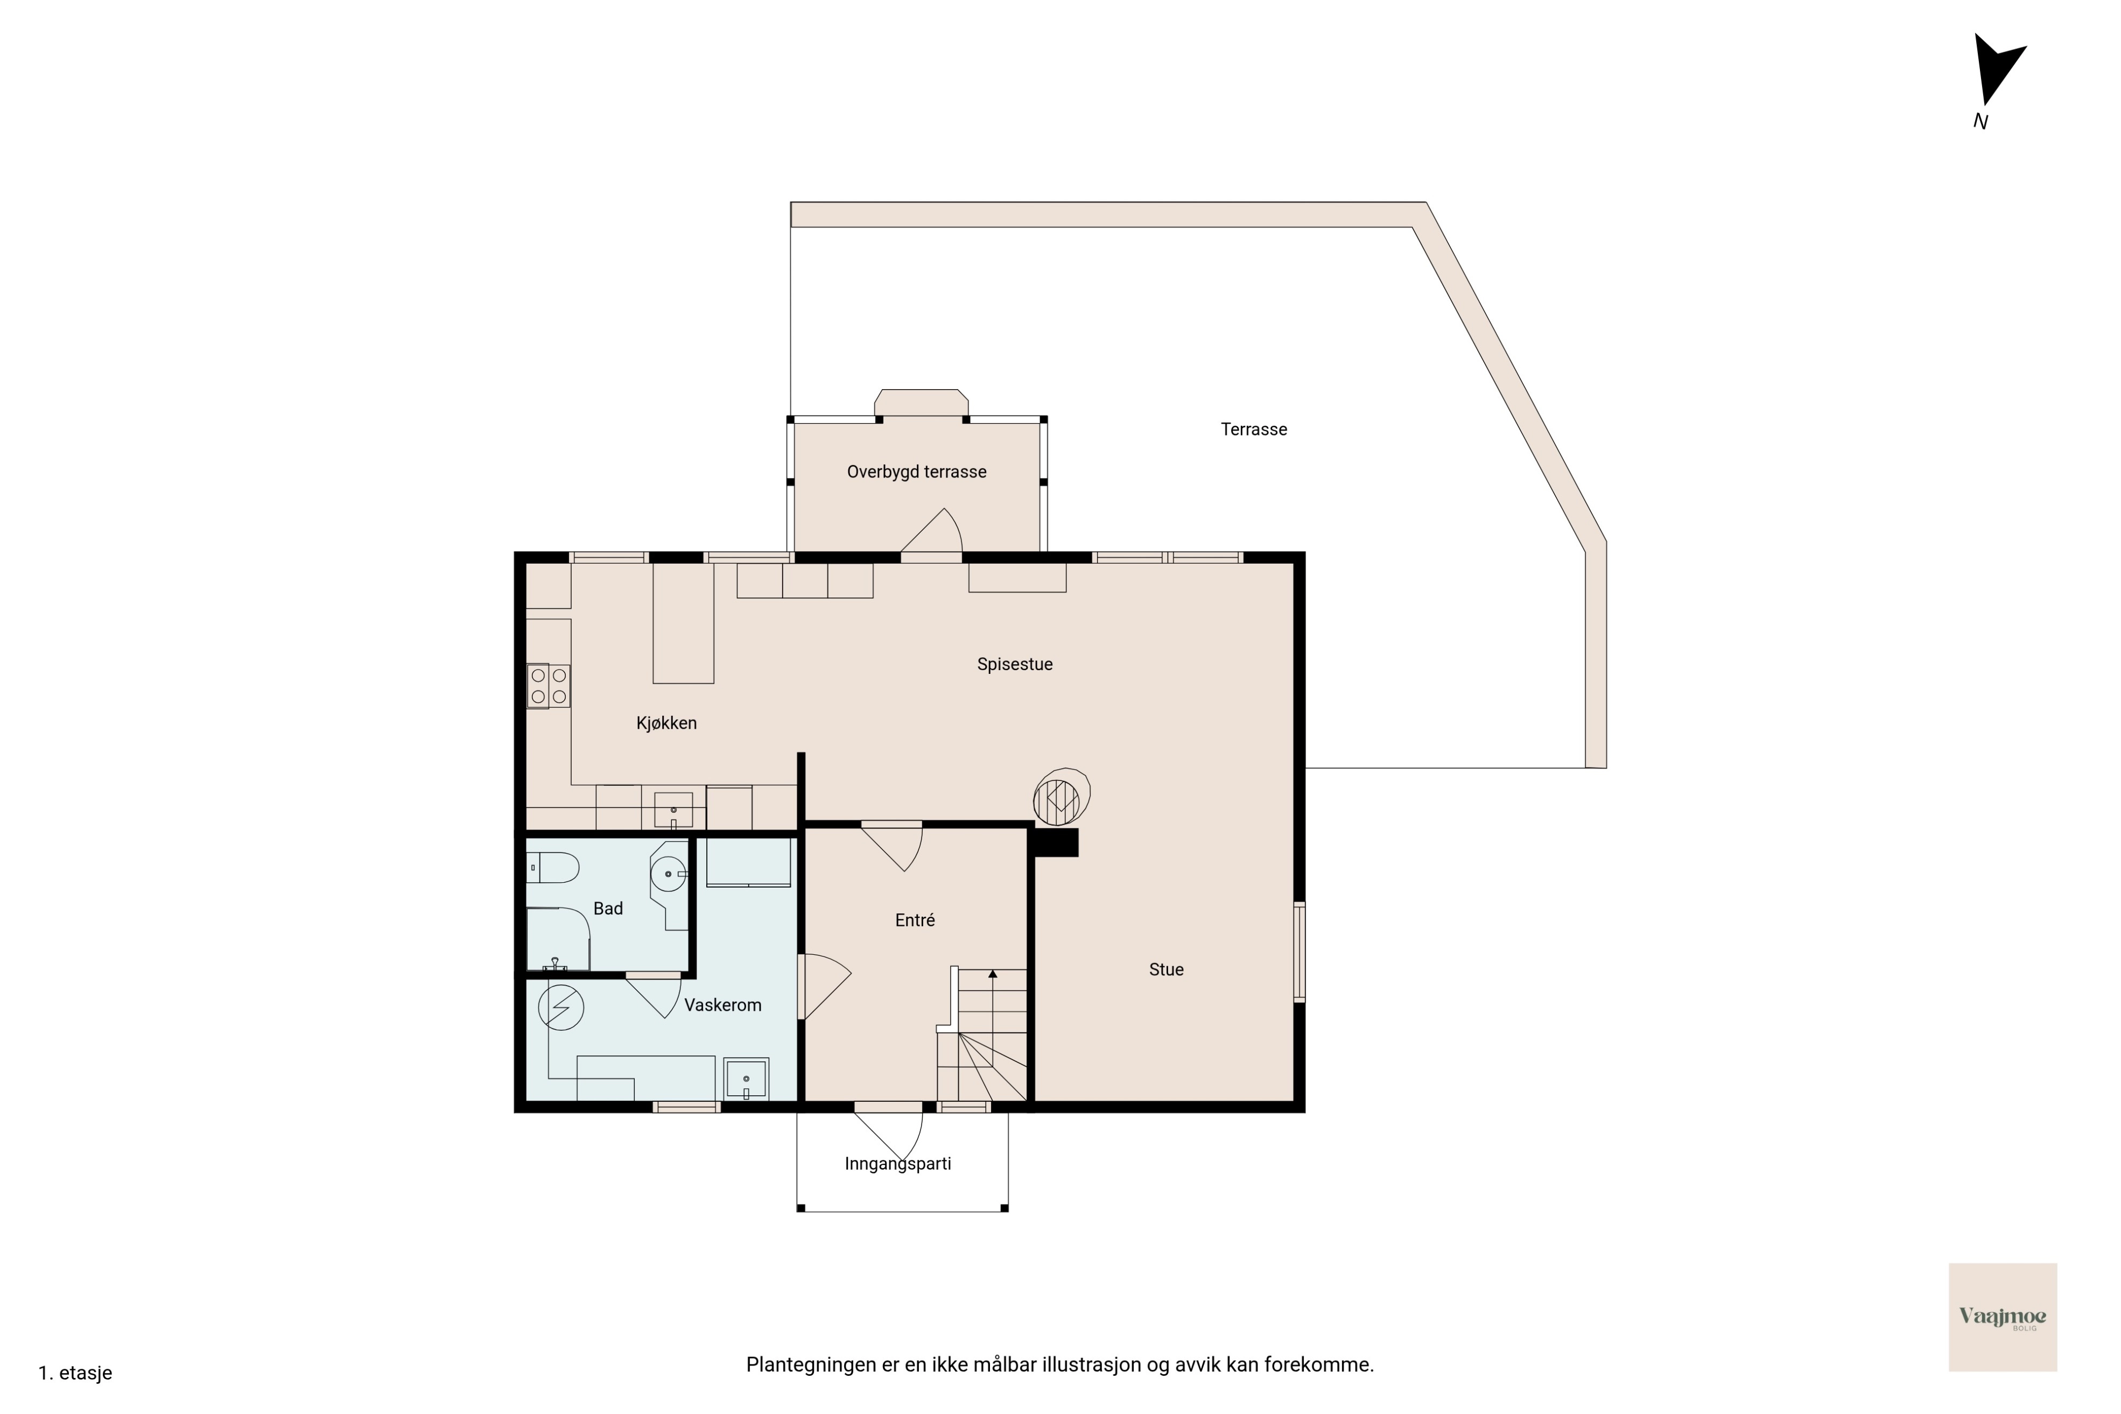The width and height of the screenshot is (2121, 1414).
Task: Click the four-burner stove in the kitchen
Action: click(549, 685)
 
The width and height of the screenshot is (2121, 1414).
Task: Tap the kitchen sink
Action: click(673, 810)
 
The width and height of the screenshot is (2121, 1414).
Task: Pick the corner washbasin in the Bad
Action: click(668, 873)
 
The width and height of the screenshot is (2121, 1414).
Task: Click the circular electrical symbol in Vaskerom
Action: click(561, 1007)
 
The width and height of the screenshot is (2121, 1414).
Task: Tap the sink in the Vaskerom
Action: click(746, 1079)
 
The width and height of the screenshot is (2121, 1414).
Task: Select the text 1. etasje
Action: click(75, 1374)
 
